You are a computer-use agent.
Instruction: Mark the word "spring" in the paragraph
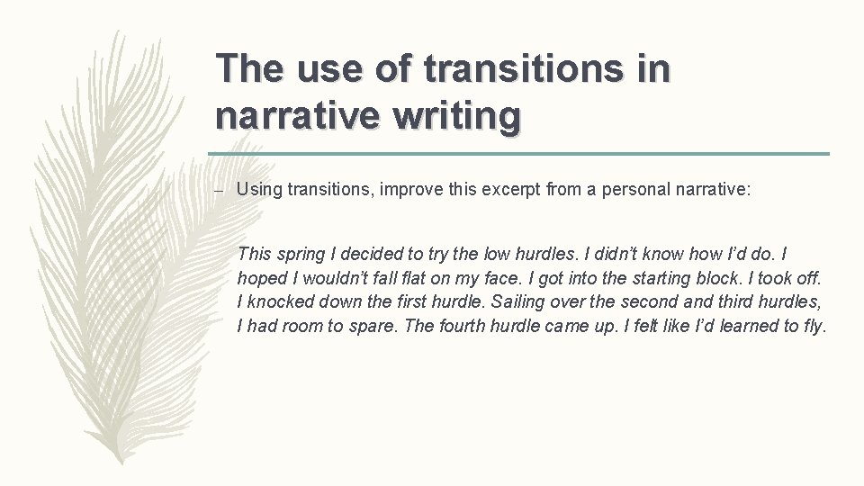[299, 256]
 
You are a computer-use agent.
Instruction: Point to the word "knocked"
[280, 302]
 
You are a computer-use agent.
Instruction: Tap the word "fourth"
[463, 326]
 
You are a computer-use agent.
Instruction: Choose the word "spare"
[373, 326]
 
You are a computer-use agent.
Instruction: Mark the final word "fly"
[812, 326]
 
